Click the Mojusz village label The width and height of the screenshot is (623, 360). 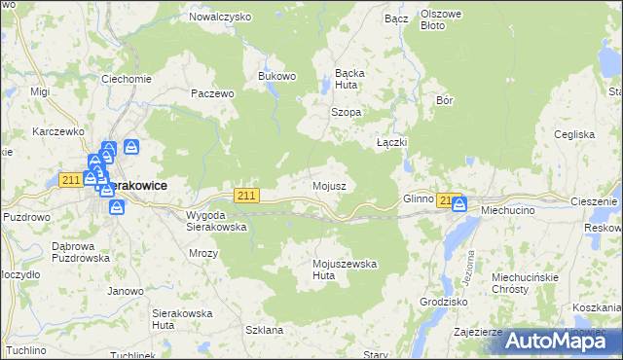pyautogui.click(x=329, y=185)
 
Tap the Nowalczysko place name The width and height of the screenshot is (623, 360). pyautogui.click(x=220, y=18)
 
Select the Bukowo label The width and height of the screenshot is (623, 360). pyautogui.click(x=275, y=76)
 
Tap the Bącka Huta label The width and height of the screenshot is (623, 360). pyautogui.click(x=348, y=78)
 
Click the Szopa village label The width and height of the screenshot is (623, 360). pyautogui.click(x=346, y=112)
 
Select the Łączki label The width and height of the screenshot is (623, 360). pyautogui.click(x=391, y=142)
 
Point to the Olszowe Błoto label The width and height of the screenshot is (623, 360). pyautogui.click(x=445, y=19)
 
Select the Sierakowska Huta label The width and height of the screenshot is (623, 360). pyautogui.click(x=182, y=319)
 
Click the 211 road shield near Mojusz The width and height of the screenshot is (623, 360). pyautogui.click(x=247, y=196)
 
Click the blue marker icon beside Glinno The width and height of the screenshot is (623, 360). pyautogui.click(x=458, y=203)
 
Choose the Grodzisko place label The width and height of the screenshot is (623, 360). pyautogui.click(x=443, y=302)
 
